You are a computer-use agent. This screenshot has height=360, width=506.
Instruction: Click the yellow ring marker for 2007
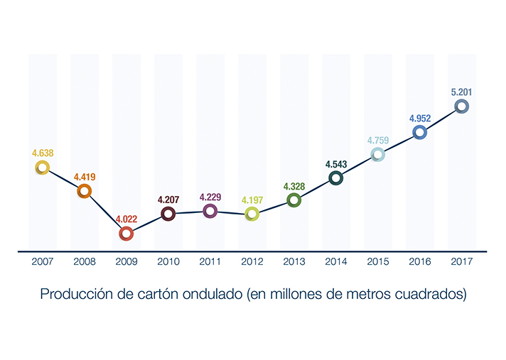coord(43,168)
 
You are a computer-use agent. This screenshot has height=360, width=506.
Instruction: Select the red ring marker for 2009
coord(126,233)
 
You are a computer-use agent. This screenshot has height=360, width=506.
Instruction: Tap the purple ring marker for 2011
coord(210,210)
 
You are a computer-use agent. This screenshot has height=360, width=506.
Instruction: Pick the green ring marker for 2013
coord(294,200)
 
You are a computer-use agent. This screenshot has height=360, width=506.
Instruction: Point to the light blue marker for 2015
coord(378,154)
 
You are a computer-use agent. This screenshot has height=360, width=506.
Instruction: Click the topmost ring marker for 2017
coord(462,107)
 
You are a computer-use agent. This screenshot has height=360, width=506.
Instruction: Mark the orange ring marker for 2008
coord(84,190)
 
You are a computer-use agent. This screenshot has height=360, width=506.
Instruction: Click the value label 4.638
coord(43,153)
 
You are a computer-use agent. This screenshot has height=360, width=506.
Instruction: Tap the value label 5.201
coord(462,92)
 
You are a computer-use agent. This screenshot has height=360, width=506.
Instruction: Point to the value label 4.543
coord(336,164)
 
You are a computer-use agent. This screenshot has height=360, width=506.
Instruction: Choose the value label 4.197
coord(252,199)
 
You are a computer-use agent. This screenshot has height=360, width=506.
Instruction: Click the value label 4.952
coord(420,117)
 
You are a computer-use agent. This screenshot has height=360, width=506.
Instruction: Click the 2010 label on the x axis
coord(168,261)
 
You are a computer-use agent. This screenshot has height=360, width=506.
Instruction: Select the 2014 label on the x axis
coord(336,261)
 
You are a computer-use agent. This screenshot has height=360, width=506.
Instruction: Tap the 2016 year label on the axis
coord(420,261)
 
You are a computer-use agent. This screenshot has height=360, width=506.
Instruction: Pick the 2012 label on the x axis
coord(252,261)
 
